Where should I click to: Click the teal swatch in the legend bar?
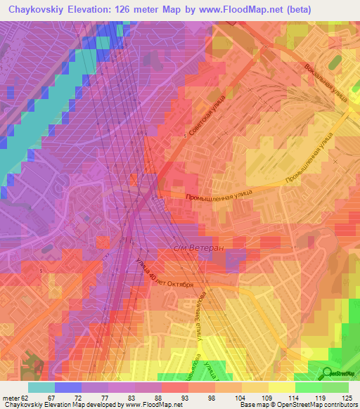(41, 387)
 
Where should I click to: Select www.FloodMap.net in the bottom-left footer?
(148, 405)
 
